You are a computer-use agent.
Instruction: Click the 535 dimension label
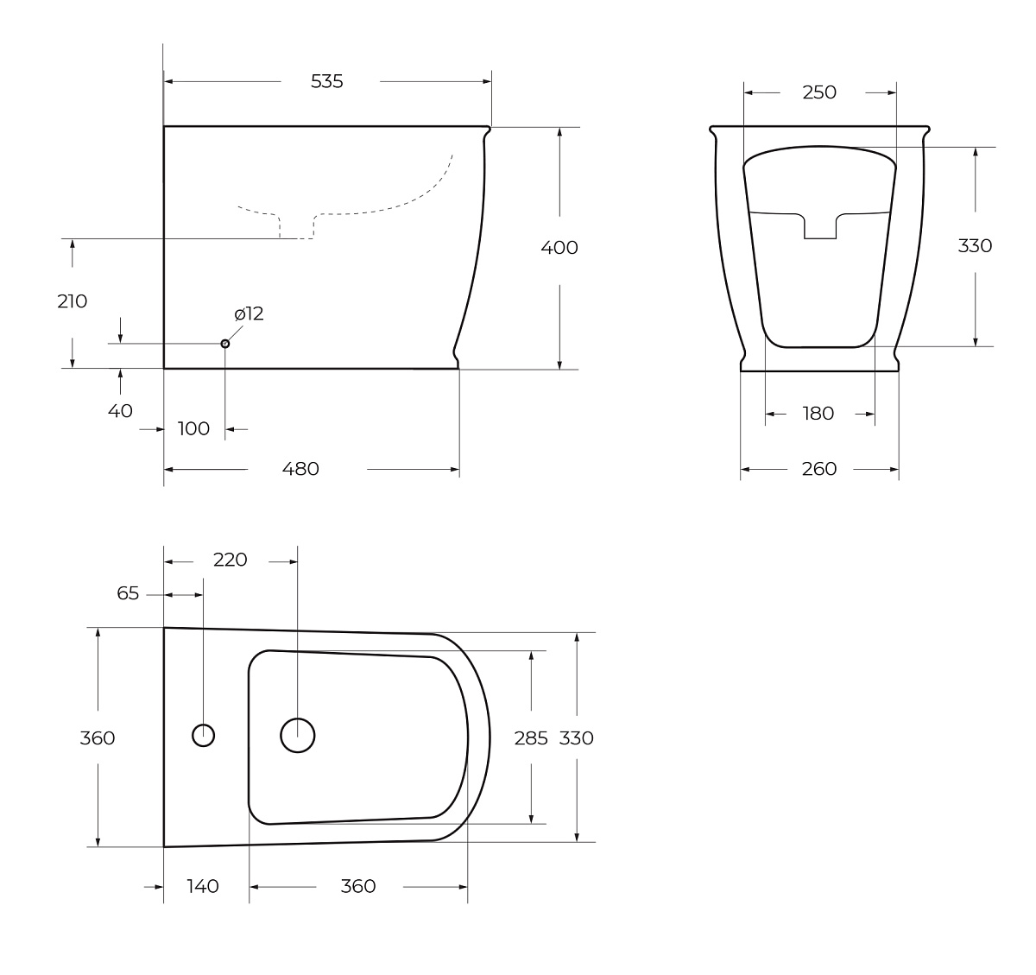point(326,81)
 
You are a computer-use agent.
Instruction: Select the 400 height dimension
point(559,247)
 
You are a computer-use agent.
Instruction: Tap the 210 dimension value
point(72,301)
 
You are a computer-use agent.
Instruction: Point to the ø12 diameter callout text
point(249,313)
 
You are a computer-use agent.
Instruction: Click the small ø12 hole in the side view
point(224,344)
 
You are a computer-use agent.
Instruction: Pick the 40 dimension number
point(120,411)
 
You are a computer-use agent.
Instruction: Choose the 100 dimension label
point(193,428)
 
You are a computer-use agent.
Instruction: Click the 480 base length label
point(300,469)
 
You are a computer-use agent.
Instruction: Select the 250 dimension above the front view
point(819,92)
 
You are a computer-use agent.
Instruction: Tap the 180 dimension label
point(818,414)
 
